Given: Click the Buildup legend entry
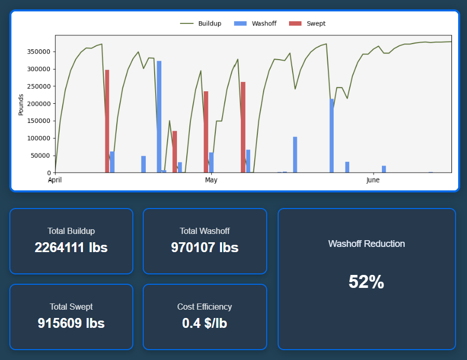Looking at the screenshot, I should [x=201, y=23].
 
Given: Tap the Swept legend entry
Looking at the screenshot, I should [x=308, y=23].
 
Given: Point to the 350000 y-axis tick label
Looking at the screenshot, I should [x=38, y=52].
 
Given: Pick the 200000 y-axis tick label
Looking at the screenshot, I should [x=38, y=104].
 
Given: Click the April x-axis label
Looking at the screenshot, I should [x=54, y=181].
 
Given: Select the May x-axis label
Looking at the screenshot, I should [x=211, y=181].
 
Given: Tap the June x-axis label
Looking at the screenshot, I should [x=373, y=181].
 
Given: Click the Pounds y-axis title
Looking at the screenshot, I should [x=21, y=105].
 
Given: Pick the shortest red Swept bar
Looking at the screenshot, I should [x=175, y=151].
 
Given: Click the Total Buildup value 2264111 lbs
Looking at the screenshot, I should [x=71, y=247].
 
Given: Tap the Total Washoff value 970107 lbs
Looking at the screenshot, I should [x=205, y=247].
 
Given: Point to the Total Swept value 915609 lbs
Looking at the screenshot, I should [x=71, y=323].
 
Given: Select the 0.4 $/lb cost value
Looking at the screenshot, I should [x=204, y=323].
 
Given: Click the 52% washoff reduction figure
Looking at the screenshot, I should [x=366, y=282].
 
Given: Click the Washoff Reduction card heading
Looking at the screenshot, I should [x=366, y=244].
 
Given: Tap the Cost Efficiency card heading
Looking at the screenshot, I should [x=204, y=307].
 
